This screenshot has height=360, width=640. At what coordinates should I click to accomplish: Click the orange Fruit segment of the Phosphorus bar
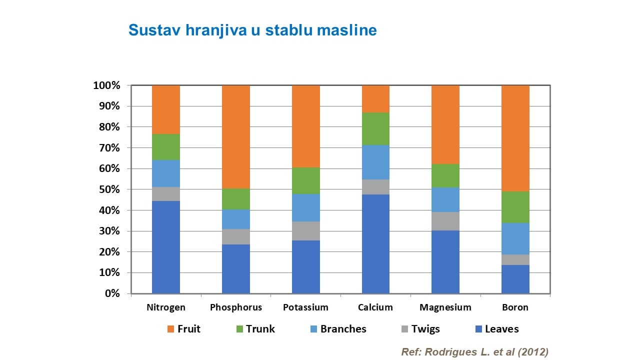pyautogui.click(x=235, y=136)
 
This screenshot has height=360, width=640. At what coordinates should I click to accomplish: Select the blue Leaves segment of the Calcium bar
pyautogui.click(x=375, y=243)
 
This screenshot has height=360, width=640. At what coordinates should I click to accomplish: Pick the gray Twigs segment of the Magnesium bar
pyautogui.click(x=445, y=221)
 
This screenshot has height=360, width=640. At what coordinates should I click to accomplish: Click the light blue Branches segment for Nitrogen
pyautogui.click(x=166, y=173)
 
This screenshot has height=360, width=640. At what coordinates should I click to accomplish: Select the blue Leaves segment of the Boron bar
pyautogui.click(x=515, y=279)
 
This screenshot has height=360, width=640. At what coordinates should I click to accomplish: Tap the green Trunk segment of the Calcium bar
pyautogui.click(x=375, y=128)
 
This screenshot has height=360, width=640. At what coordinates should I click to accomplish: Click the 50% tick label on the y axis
pyautogui.click(x=106, y=189)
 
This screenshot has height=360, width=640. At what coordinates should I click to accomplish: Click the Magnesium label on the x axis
pyautogui.click(x=445, y=307)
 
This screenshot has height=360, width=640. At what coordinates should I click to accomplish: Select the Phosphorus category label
pyautogui.click(x=235, y=307)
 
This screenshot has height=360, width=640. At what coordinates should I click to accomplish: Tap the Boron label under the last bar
pyautogui.click(x=515, y=307)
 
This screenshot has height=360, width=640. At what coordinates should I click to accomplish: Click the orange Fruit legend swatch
pyautogui.click(x=170, y=329)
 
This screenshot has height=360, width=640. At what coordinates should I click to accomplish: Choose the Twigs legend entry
pyautogui.click(x=425, y=329)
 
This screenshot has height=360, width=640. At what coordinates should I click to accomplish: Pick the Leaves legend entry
pyautogui.click(x=501, y=329)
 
